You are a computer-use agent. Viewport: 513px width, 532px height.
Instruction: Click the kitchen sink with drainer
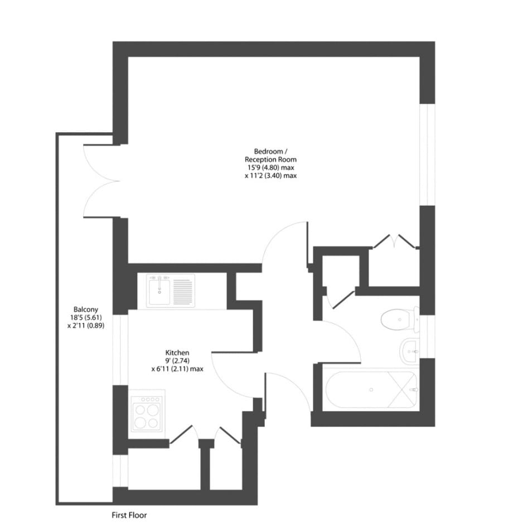[170, 290]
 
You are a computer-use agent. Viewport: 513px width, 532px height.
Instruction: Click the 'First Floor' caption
[129, 515]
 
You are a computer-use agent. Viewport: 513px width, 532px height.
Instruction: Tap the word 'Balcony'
[86, 309]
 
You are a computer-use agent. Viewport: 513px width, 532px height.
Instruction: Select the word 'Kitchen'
[177, 353]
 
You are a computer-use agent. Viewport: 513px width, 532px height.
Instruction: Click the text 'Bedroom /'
[271, 151]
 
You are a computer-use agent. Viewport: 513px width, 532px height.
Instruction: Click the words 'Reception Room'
[271, 159]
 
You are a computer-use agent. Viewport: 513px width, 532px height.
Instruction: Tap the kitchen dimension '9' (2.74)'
[177, 361]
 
